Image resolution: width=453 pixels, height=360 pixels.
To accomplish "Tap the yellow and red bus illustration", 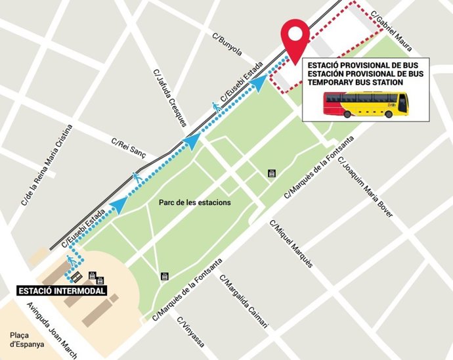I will pos(365,104).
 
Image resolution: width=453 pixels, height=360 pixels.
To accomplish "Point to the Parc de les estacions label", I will pos(195,202).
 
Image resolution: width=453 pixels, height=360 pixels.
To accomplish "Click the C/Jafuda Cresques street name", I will pos(170,97).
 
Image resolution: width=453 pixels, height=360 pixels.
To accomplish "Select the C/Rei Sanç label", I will pos(127,146).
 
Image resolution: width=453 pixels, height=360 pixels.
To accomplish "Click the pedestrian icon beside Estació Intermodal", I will pos(68,265).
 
